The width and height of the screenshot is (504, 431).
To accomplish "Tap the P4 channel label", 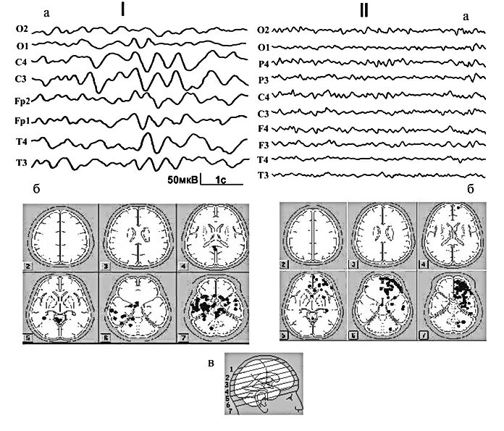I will pos(263,64).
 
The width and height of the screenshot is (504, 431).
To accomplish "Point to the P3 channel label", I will pos(263,80).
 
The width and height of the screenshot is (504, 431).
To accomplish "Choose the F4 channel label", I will pos(263,128).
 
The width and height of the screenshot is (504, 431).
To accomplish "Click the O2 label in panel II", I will pos(263,30).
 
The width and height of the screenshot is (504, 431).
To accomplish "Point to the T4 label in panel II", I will pos(263,159).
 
